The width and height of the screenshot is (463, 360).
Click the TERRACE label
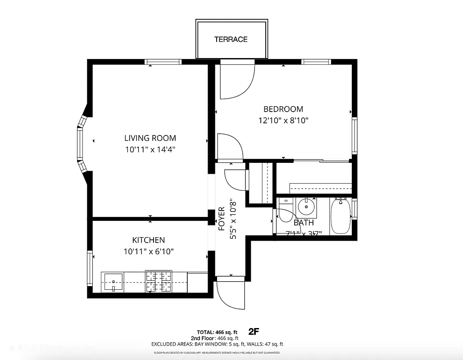coord(231,40)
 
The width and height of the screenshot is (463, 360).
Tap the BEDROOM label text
coord(283,109)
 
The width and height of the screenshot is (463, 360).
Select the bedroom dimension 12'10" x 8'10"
coord(283,121)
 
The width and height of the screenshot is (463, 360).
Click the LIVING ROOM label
coord(150,138)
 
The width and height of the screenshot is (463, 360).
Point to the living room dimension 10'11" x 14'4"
coord(150,149)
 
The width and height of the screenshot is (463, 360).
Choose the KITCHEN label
coord(148,240)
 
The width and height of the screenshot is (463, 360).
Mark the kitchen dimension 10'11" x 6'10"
coord(149,252)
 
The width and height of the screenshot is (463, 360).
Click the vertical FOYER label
coord(222,219)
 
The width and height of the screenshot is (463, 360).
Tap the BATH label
coord(304,223)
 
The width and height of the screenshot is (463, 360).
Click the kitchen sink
coord(113,282)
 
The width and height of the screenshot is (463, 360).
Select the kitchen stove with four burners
coord(159,282)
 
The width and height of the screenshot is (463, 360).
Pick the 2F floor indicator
coord(254,332)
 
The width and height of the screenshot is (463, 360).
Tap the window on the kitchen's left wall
coord(90,268)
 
